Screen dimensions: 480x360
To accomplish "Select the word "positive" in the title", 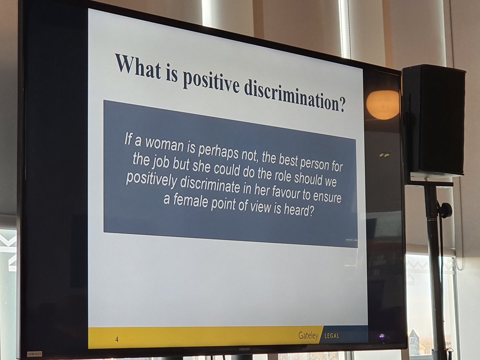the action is point(210,82).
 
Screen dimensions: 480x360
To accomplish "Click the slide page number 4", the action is point(117,339).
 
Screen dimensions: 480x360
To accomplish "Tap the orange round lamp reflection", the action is point(383,105).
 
